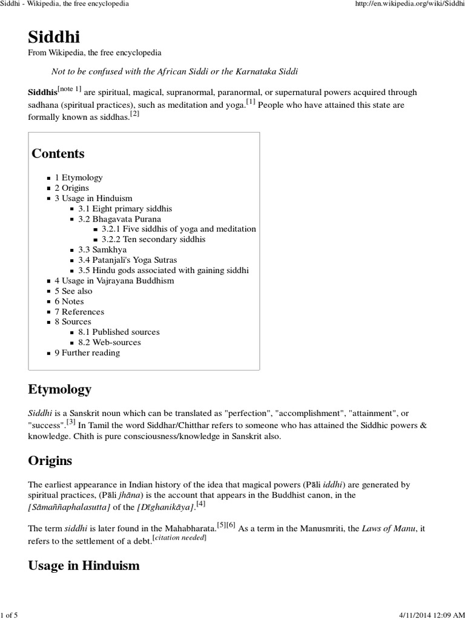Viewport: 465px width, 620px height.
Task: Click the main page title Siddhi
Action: [54, 37]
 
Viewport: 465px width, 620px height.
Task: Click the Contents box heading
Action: [58, 153]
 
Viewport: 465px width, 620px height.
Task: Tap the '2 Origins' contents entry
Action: [71, 188]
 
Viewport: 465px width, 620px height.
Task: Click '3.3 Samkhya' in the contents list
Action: [102, 249]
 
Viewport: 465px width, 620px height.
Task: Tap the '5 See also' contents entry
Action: [73, 291]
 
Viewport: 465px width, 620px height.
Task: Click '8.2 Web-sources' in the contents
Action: [110, 342]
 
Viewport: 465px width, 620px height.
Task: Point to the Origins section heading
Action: [50, 461]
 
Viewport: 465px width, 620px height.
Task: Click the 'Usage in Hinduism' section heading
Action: [84, 566]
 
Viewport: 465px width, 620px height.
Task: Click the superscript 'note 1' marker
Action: [69, 90]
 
